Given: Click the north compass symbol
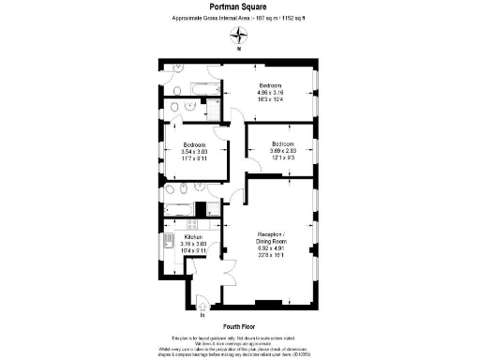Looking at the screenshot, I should (x=240, y=37).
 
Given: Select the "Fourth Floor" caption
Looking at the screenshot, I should (x=241, y=324).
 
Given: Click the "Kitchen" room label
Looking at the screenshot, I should (x=194, y=238).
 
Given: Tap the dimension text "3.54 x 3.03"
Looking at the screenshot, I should (x=194, y=152).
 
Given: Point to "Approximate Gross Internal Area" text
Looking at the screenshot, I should (x=213, y=18).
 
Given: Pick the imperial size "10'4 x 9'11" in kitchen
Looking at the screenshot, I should (x=194, y=251).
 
